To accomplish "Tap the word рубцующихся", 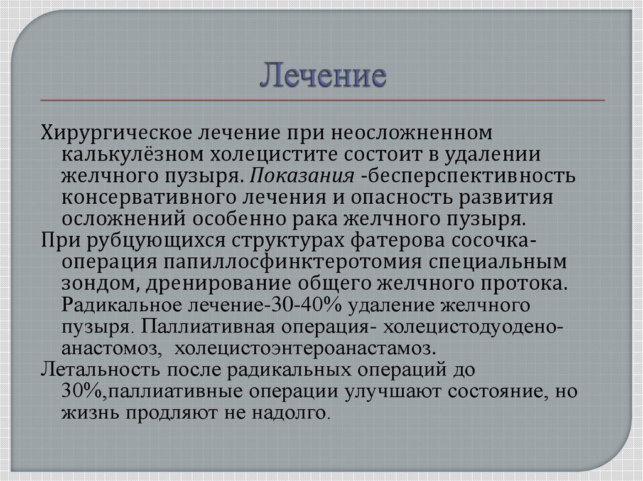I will (x=156, y=241).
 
